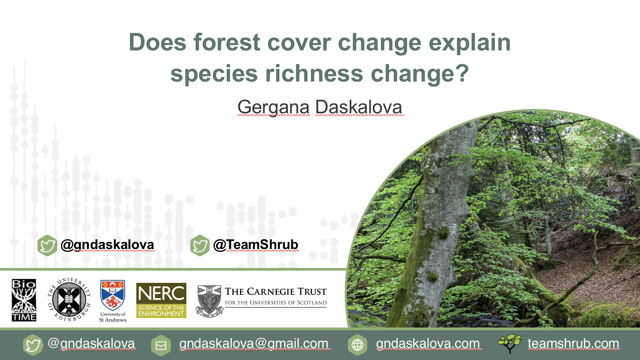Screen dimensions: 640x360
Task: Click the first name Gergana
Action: [273, 108]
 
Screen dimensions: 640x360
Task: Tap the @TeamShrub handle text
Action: [256, 245]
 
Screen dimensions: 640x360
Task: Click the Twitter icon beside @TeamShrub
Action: [200, 245]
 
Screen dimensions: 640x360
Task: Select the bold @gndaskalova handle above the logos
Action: [107, 245]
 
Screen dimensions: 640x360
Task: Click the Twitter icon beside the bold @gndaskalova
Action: [47, 245]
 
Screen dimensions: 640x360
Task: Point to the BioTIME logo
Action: [24, 300]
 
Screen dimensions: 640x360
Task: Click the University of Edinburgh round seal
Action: [69, 299]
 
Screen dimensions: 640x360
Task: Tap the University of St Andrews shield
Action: [113, 295]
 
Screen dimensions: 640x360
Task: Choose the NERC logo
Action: [161, 300]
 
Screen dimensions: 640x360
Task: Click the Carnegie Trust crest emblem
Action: [210, 301]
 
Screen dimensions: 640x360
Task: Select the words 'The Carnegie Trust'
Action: [276, 292]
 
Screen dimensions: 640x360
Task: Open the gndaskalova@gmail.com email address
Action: [254, 344]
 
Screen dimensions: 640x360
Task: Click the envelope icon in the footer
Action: [161, 345]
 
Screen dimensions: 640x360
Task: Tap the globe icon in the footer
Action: [358, 345]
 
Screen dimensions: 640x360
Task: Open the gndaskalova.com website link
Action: [428, 344]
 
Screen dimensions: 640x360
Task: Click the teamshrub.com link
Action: [573, 344]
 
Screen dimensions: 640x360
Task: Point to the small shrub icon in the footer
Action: [510, 344]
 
